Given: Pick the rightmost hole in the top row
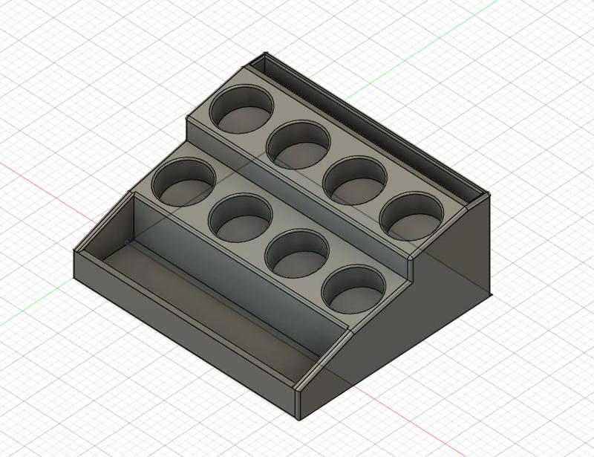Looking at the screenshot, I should (x=412, y=215).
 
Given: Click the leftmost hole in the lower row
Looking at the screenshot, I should (x=184, y=181).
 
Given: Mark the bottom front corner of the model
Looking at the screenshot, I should (x=298, y=416).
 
